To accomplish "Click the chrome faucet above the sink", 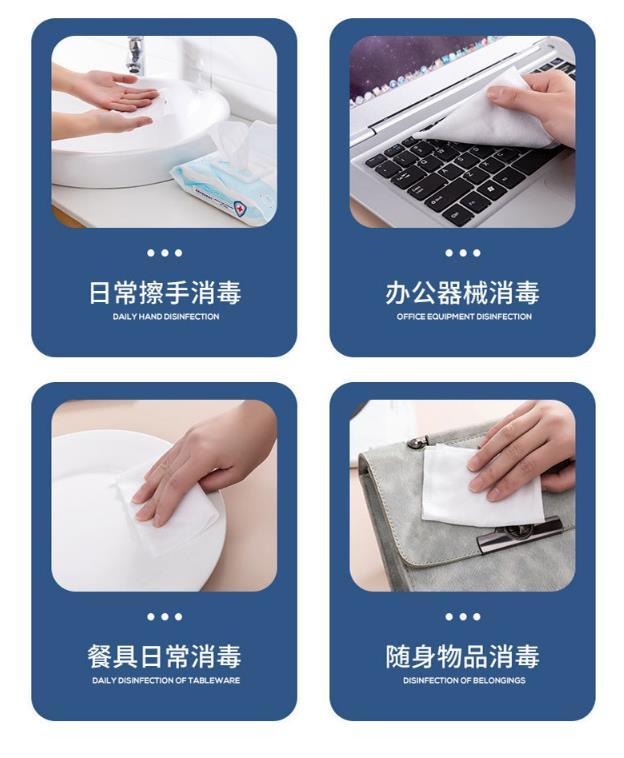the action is tap(135, 54).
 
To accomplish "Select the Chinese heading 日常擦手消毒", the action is tap(165, 292).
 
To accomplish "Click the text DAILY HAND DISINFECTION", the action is tap(166, 317).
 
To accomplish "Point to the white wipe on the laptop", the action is tap(488, 114).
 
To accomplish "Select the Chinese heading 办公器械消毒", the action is tap(463, 292).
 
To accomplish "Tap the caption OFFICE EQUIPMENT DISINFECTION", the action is tap(464, 317).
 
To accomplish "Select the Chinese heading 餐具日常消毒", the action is tap(165, 656).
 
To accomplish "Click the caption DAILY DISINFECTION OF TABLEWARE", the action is tap(166, 680).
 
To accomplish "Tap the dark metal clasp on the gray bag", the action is tap(520, 532).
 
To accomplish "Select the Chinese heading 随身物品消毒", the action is tap(463, 656).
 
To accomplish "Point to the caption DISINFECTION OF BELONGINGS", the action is tap(464, 680).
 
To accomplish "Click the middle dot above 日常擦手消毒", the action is tap(165, 253).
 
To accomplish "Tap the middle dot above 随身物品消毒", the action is tap(463, 616).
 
